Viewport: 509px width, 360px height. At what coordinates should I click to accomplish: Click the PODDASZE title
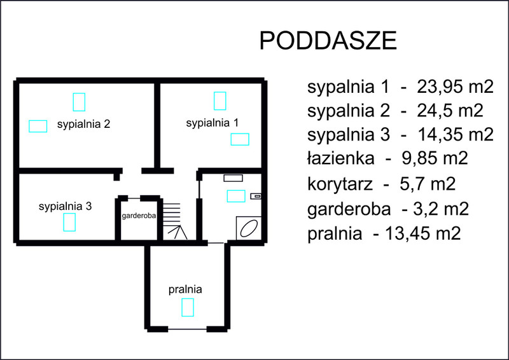pyautogui.click(x=328, y=41)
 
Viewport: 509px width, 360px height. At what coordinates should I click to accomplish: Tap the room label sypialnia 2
pyautogui.click(x=84, y=124)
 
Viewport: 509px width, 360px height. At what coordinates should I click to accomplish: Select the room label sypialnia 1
pyautogui.click(x=213, y=123)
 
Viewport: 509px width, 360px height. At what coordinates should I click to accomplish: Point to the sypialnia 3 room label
pyautogui.click(x=66, y=207)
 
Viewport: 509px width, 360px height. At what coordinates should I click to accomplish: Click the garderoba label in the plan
pyautogui.click(x=139, y=216)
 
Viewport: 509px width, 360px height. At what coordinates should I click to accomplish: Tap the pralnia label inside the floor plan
pyautogui.click(x=185, y=289)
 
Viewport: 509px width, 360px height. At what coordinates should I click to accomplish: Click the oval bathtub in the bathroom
pyautogui.click(x=249, y=228)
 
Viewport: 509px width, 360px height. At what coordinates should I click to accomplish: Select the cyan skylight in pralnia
pyautogui.click(x=188, y=307)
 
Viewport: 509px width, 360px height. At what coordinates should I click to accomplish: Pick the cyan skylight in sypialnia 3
pyautogui.click(x=69, y=223)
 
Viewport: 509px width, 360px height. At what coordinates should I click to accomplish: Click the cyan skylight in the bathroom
pyautogui.click(x=236, y=196)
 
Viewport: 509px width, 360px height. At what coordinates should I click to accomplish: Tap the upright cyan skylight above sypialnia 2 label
pyautogui.click(x=79, y=102)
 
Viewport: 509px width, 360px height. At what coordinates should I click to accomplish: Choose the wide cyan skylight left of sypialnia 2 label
pyautogui.click(x=38, y=127)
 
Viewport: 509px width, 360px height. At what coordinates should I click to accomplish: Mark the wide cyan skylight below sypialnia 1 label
pyautogui.click(x=240, y=139)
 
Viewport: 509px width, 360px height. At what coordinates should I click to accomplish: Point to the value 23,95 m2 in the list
pyautogui.click(x=455, y=87)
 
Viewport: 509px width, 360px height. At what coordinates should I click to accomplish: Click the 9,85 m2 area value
pyautogui.click(x=435, y=159)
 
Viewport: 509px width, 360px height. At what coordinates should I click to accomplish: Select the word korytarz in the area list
pyautogui.click(x=340, y=184)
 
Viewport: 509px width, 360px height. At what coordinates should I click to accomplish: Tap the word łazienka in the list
pyautogui.click(x=341, y=159)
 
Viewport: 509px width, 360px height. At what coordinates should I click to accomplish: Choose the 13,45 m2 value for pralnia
pyautogui.click(x=423, y=233)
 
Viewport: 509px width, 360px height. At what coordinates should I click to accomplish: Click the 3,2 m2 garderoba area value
pyautogui.click(x=441, y=209)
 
